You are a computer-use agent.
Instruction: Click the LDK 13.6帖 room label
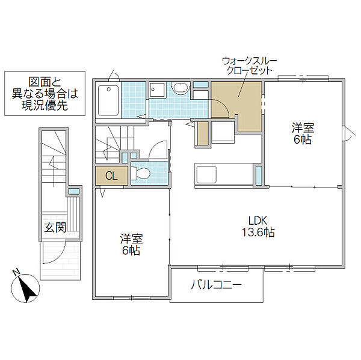[x=258, y=227]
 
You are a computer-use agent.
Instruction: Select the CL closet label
[x=111, y=176]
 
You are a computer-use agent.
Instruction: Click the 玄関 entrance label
[x=55, y=227]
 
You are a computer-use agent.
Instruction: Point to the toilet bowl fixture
[x=140, y=173]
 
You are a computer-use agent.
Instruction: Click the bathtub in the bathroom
[x=108, y=100]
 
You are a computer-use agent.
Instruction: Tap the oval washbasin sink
[x=180, y=88]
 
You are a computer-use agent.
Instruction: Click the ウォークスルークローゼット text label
[x=249, y=66]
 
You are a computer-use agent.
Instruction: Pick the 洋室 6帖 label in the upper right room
[x=303, y=133]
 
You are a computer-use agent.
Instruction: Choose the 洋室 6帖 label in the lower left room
[x=131, y=245]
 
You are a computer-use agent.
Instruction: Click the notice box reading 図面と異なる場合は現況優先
[x=45, y=93]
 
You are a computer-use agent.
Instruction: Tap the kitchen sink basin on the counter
[x=206, y=174]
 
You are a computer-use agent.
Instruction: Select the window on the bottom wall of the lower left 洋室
[x=131, y=298]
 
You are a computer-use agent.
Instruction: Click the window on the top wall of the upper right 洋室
[x=303, y=78]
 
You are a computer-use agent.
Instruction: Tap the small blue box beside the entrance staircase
[x=73, y=191]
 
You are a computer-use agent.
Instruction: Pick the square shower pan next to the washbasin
[x=158, y=90]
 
